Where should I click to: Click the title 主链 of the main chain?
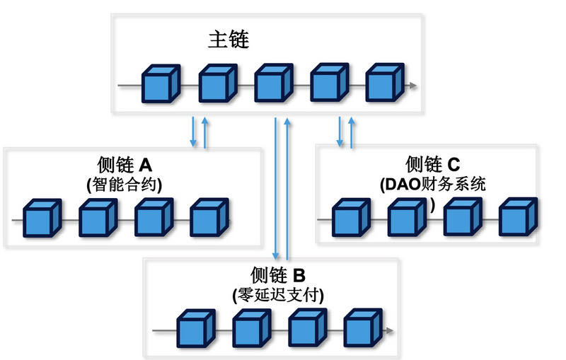229,40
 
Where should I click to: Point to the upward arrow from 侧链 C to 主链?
352,132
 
